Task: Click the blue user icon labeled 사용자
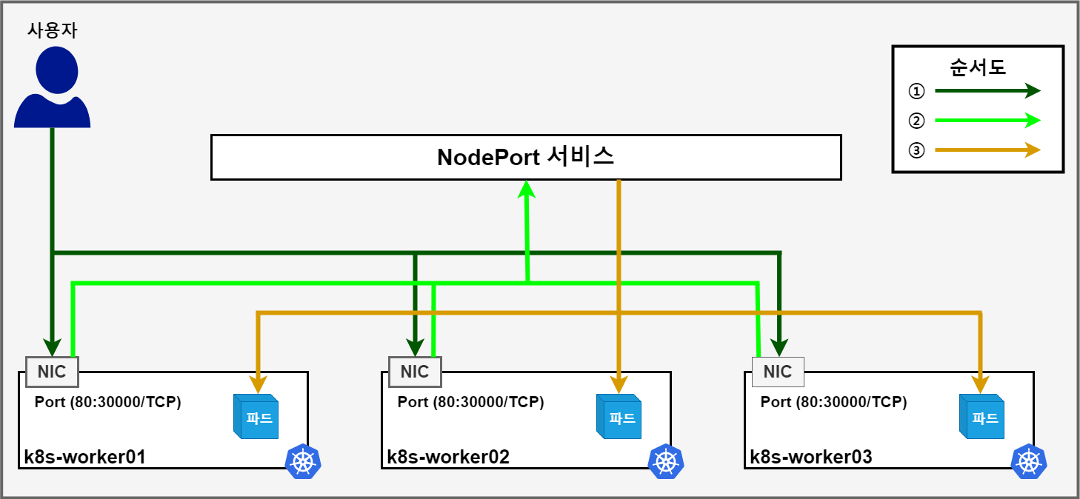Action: (x=52, y=87)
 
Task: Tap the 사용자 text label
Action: (x=52, y=30)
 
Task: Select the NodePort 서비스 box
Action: (x=526, y=157)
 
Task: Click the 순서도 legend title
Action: (x=977, y=67)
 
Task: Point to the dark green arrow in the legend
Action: (x=987, y=91)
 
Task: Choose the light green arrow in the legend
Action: (x=987, y=120)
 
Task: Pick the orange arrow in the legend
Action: (x=987, y=150)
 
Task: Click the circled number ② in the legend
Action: (x=916, y=121)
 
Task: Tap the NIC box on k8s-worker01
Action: (x=52, y=372)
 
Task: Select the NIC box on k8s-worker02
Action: (x=415, y=372)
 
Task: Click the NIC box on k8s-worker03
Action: (x=778, y=372)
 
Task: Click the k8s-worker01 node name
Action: (x=84, y=457)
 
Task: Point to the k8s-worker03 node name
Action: (x=810, y=457)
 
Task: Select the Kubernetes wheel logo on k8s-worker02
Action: (x=666, y=462)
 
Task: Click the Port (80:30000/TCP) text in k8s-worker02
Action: (x=470, y=402)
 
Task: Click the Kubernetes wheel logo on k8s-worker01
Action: (x=303, y=462)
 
